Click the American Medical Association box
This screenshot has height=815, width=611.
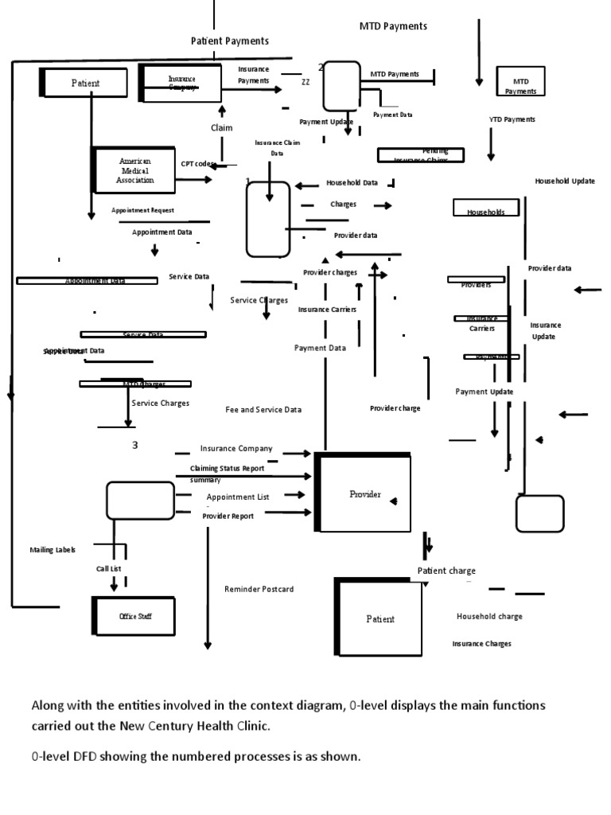click(x=134, y=170)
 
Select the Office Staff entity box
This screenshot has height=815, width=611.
click(x=134, y=616)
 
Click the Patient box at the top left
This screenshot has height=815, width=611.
click(x=84, y=83)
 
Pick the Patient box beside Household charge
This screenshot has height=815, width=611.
click(x=379, y=618)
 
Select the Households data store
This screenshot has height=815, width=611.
click(x=485, y=212)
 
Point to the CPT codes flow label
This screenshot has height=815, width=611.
click(x=198, y=164)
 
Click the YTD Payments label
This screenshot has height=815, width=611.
click(x=512, y=119)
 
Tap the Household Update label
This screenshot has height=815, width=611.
click(x=565, y=181)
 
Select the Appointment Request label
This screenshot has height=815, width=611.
click(x=142, y=211)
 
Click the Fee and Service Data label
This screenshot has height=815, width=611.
click(x=263, y=410)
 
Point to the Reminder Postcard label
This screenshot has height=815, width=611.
click(x=259, y=589)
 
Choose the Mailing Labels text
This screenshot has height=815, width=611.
click(x=53, y=550)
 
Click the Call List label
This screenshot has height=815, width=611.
click(x=109, y=569)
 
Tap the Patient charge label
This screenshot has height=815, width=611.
click(x=446, y=571)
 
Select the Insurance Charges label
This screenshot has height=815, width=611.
click(x=482, y=643)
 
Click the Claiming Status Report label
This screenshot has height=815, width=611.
click(x=227, y=469)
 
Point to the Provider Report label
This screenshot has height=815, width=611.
click(x=228, y=516)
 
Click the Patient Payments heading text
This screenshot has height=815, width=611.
click(x=229, y=41)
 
